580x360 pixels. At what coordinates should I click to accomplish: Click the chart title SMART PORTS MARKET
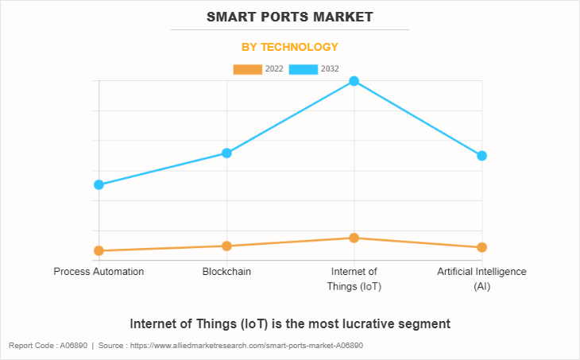(290, 17)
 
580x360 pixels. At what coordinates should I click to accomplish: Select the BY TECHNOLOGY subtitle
(290, 47)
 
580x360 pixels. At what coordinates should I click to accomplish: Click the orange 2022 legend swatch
(247, 69)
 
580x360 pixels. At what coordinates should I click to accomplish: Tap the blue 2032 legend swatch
(304, 69)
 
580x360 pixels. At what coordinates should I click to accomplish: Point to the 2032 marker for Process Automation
(99, 184)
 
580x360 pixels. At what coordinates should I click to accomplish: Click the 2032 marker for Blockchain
(226, 153)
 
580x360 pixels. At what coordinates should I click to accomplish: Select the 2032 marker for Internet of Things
(354, 81)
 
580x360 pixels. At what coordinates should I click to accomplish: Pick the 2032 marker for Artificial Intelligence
(481, 156)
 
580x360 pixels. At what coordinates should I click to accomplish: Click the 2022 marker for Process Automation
(99, 250)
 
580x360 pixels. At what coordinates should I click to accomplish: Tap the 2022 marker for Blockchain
(226, 246)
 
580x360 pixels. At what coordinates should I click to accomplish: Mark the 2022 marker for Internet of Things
(354, 238)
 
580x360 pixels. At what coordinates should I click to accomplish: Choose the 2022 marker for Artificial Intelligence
(481, 247)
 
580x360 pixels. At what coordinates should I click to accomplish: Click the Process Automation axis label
(99, 272)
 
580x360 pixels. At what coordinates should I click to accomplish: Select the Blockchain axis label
(226, 272)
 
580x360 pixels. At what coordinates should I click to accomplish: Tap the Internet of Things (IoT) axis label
(354, 279)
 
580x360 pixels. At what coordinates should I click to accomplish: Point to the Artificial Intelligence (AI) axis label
(481, 279)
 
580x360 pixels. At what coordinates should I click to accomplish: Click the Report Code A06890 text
(48, 346)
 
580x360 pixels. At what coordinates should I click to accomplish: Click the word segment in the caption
(427, 324)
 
